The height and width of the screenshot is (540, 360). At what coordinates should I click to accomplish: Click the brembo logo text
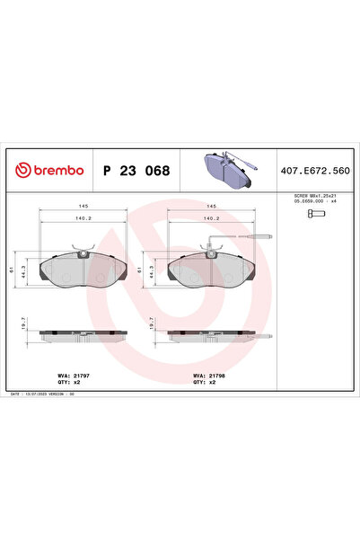49,169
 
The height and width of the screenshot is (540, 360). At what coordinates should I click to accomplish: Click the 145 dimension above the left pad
82,205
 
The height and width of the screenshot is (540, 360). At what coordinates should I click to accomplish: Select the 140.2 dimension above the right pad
212,219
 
